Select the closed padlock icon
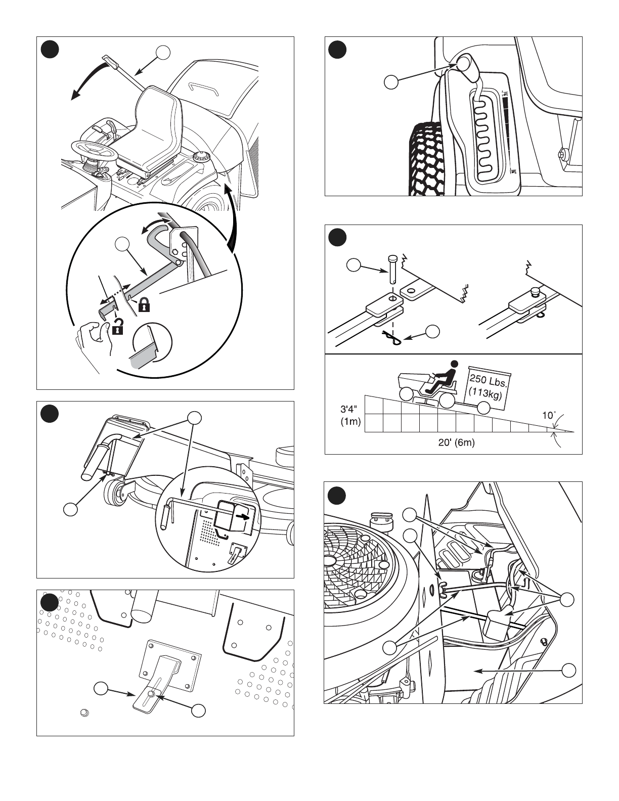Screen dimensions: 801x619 (144, 305)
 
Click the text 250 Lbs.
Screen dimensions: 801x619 (489, 379)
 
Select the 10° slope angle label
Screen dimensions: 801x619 (549, 416)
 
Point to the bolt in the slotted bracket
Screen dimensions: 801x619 (151, 698)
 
